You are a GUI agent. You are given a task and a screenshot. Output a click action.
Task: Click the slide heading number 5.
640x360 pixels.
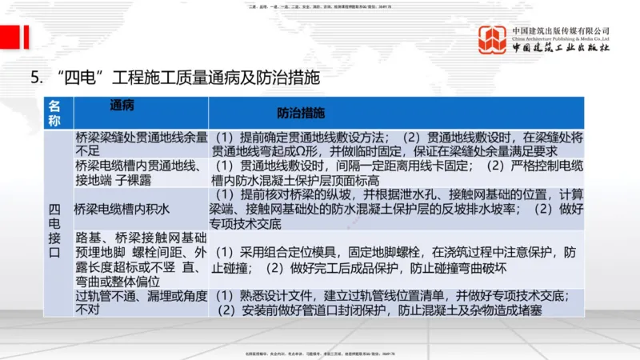pyautogui.click(x=35, y=78)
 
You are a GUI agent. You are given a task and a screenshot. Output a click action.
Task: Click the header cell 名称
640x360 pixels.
pyautogui.click(x=54, y=113)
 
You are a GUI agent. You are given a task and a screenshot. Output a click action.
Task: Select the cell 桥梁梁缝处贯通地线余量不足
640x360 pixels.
pyautogui.click(x=141, y=142)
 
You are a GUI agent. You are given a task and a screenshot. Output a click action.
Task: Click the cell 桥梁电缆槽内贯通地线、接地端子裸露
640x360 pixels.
pyautogui.click(x=141, y=172)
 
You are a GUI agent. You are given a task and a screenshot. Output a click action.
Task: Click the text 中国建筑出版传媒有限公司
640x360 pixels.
pyautogui.click(x=561, y=30)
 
